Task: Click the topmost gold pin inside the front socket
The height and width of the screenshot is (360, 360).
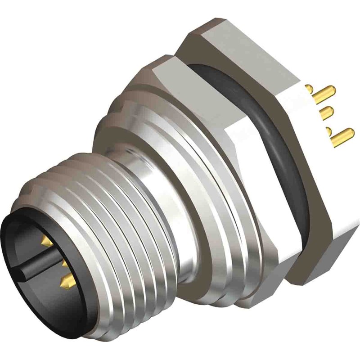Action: (46, 242)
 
